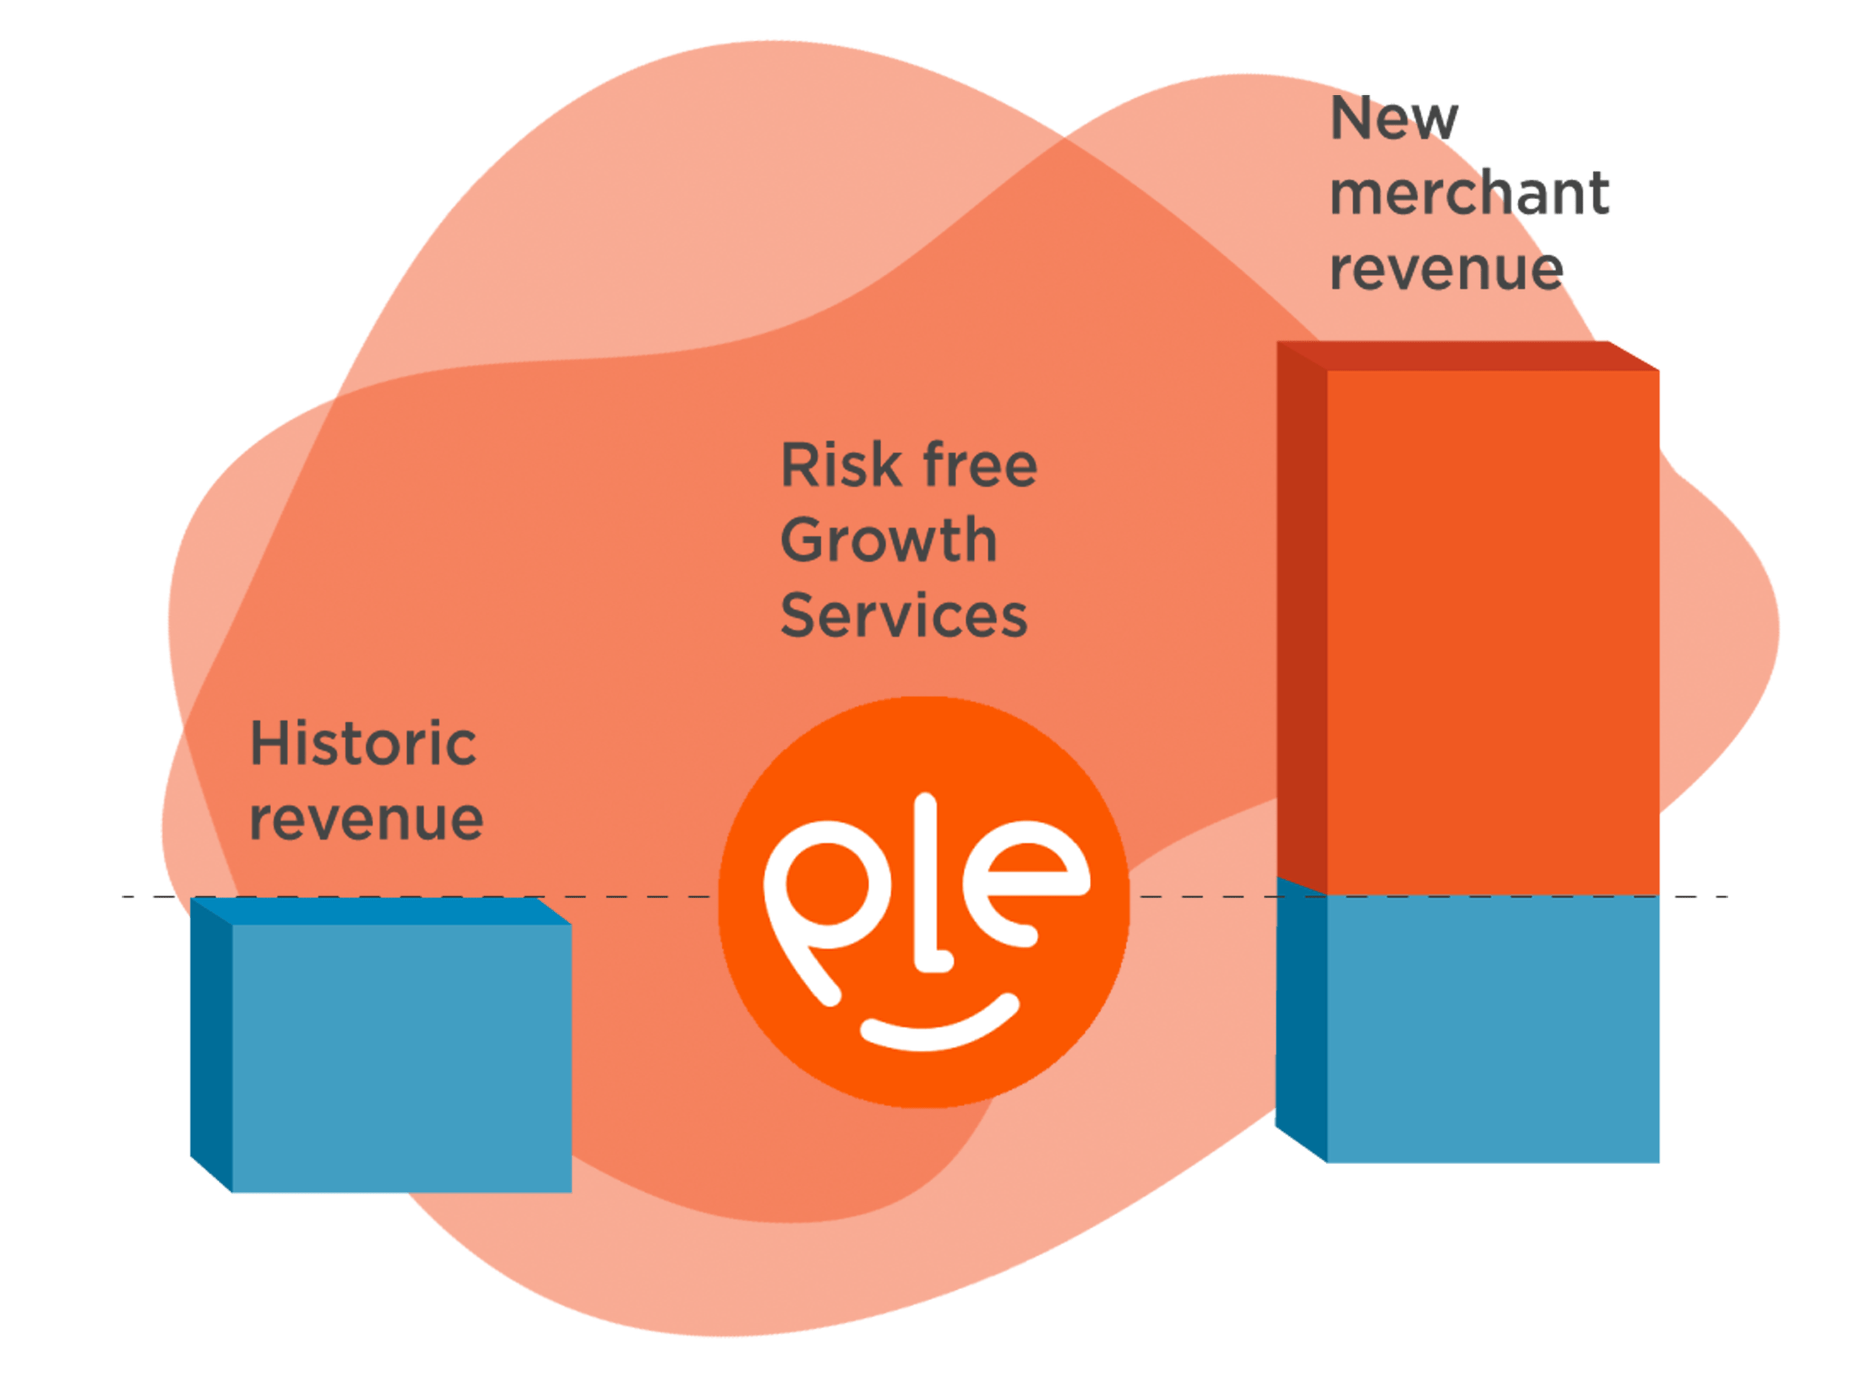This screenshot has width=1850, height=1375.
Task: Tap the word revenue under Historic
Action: tap(366, 820)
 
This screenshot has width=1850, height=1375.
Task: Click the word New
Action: tap(1393, 119)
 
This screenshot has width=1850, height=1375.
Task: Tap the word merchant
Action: tap(1469, 194)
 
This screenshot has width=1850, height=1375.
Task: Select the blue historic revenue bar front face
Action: tap(402, 1057)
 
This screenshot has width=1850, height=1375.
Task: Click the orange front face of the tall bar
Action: tap(1494, 633)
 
